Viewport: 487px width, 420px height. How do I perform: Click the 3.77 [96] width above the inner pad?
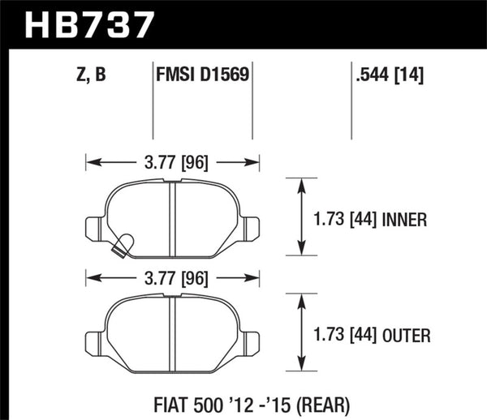tap(172, 163)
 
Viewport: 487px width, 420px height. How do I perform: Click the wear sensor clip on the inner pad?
tap(123, 244)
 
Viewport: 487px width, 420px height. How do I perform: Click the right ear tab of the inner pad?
tap(249, 227)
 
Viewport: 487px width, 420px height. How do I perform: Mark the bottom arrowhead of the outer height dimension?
tap(302, 368)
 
